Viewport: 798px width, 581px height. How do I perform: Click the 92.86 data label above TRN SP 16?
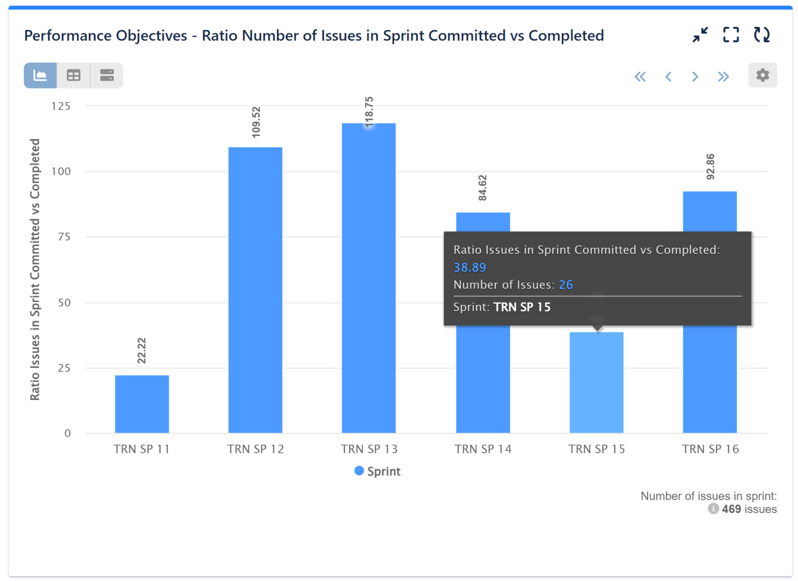tap(710, 167)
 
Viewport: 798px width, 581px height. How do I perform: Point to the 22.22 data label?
tap(142, 351)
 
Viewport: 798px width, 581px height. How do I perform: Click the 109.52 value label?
tap(256, 122)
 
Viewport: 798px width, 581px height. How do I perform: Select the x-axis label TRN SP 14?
tap(483, 449)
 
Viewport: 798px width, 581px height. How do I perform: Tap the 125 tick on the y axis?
tap(61, 106)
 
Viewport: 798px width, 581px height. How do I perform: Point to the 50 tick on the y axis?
tap(64, 302)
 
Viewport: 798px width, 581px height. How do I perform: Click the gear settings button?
tap(762, 75)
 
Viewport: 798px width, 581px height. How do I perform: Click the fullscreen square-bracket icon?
tap(731, 35)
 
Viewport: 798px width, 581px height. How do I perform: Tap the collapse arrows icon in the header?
tap(700, 35)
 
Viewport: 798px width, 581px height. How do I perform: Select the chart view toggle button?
tap(40, 75)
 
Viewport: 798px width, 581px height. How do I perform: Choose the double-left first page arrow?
tap(640, 76)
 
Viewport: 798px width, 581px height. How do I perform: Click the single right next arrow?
tap(695, 76)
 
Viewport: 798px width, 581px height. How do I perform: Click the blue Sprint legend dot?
tap(359, 471)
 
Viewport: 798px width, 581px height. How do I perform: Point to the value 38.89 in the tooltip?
tap(469, 268)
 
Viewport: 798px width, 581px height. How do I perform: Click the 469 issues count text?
tap(749, 509)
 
